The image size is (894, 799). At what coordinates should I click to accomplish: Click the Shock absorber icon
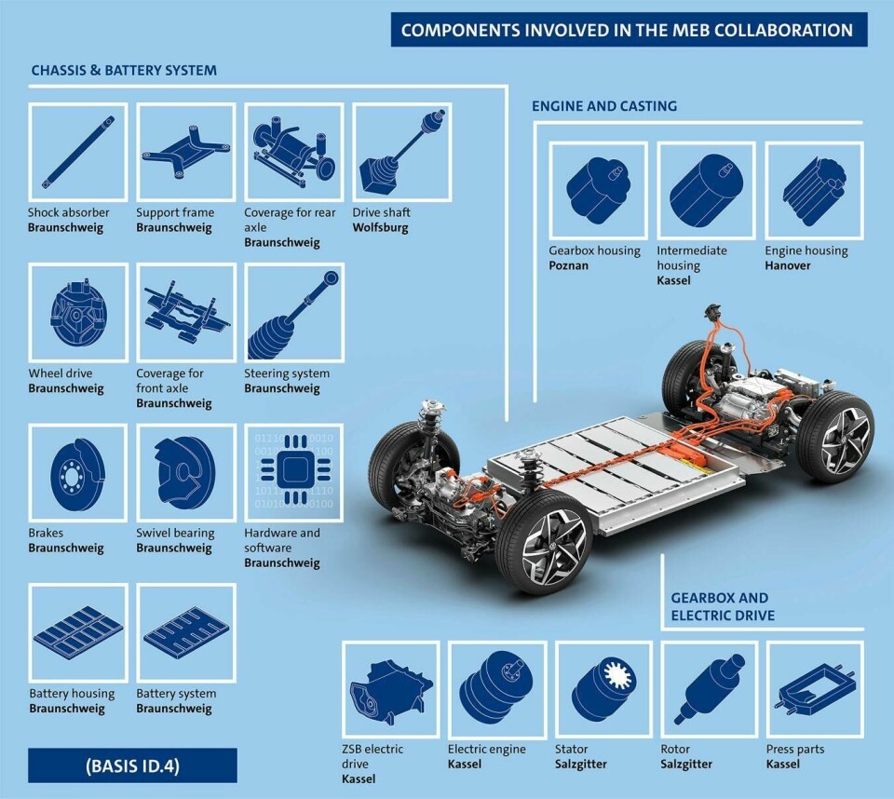point(78,153)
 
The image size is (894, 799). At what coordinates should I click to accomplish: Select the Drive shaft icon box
point(402,153)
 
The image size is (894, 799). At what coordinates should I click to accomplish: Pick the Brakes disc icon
point(78,474)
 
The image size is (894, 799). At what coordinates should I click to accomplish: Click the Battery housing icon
point(78,633)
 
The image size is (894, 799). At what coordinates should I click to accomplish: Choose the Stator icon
point(603,688)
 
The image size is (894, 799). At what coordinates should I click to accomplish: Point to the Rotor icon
point(710,688)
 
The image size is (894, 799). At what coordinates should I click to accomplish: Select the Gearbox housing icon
point(598,186)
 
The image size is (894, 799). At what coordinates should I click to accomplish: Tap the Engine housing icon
point(814,190)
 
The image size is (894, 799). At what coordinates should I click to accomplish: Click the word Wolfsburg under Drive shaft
point(380,227)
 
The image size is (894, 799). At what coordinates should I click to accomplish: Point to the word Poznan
point(568,265)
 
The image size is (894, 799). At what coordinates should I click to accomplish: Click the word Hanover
point(788,265)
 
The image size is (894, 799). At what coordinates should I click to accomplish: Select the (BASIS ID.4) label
point(132,765)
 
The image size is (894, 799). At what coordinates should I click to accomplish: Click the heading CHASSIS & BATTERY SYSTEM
point(124,70)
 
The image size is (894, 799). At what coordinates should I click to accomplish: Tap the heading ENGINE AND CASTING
point(604,105)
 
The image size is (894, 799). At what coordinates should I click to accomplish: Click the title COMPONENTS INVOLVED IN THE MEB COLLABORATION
point(627,30)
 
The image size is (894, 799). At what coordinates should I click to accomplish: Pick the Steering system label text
point(287,373)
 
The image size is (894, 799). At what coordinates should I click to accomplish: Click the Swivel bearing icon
point(184,473)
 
